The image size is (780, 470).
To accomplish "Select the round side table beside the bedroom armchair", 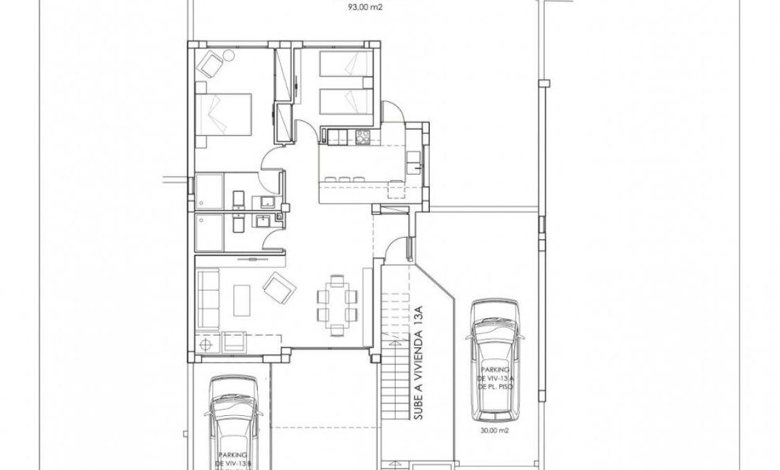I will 229,56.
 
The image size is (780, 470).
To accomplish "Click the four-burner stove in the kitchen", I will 362,139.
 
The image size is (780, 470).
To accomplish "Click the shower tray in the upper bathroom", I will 209,191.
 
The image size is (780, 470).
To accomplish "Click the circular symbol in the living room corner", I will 205,344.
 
